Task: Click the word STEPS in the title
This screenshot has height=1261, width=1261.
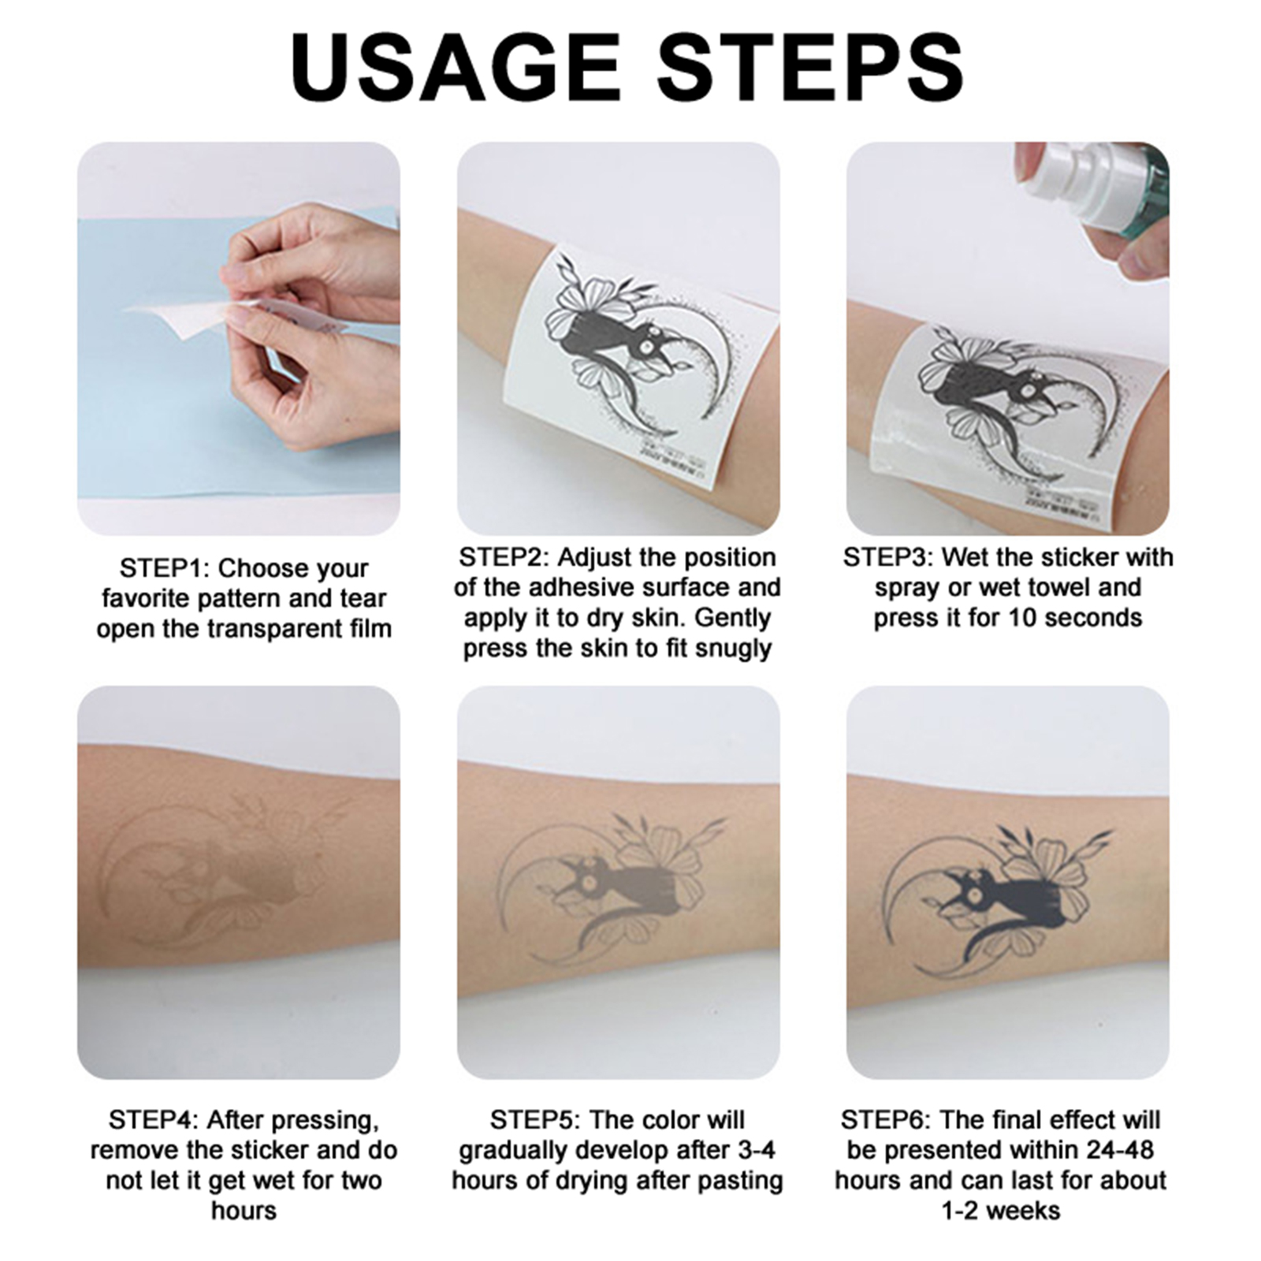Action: (x=810, y=66)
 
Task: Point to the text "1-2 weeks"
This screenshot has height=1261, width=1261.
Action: (x=1001, y=1210)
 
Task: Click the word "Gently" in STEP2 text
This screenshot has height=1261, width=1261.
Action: (x=732, y=619)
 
